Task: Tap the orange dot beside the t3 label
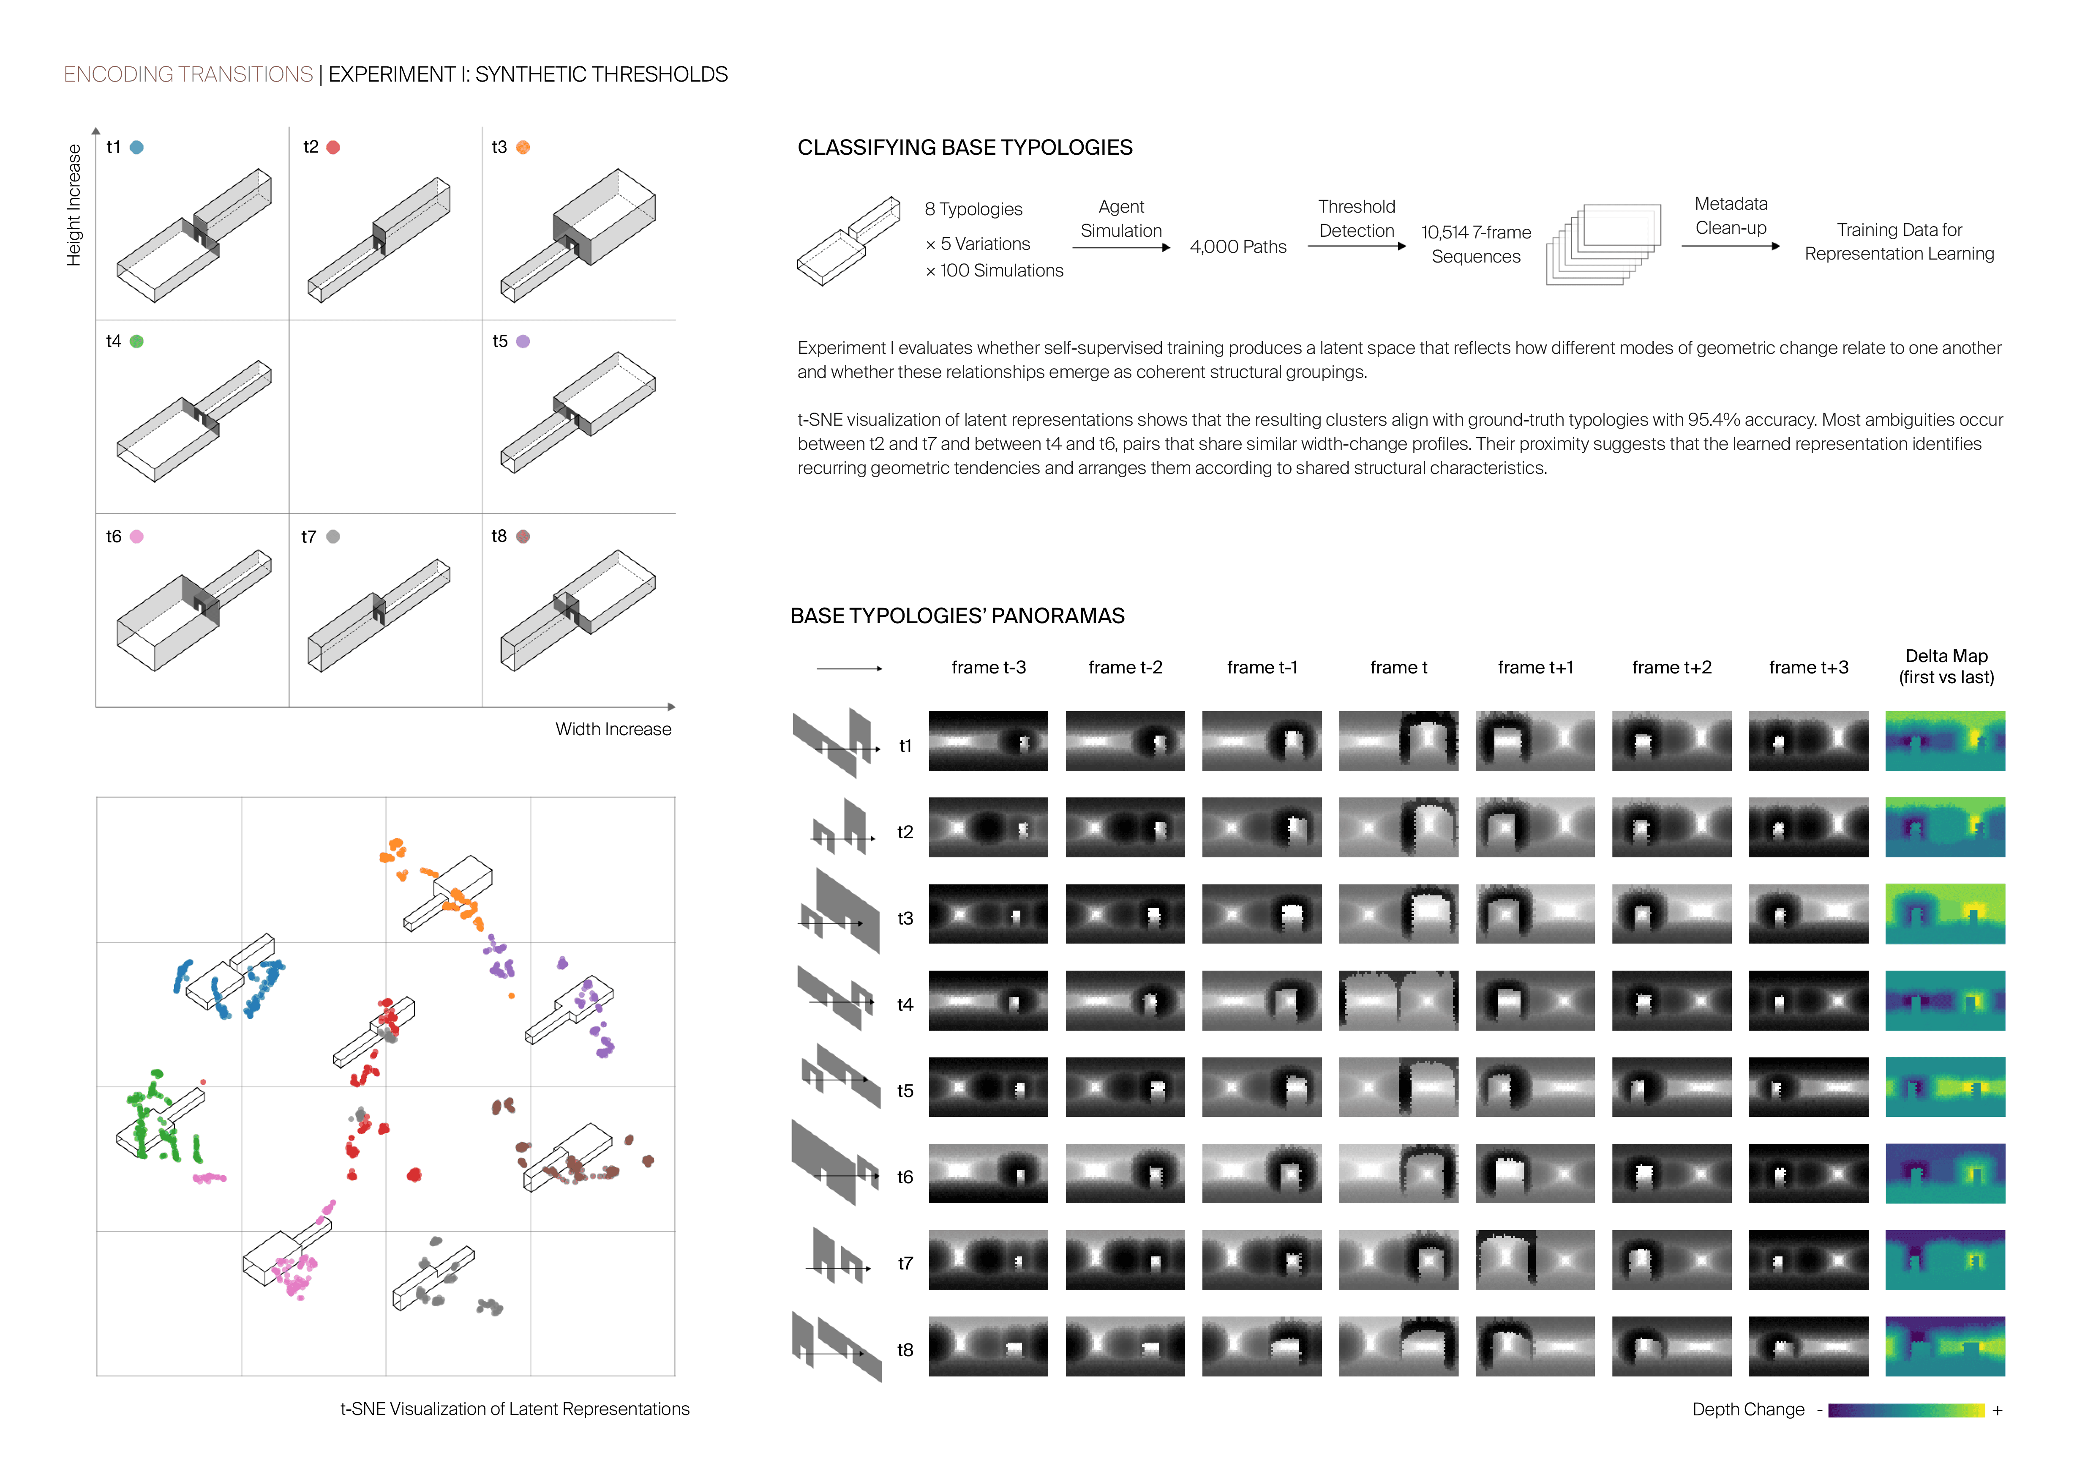click(x=523, y=147)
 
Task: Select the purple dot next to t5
click(x=523, y=342)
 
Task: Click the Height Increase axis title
click(x=74, y=205)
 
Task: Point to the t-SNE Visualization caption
click(x=515, y=1409)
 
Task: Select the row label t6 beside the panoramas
click(x=905, y=1177)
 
